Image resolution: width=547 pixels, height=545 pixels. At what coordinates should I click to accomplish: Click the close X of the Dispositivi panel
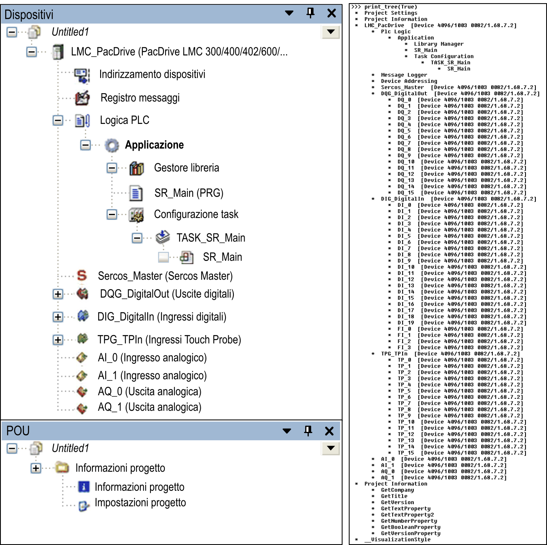click(331, 13)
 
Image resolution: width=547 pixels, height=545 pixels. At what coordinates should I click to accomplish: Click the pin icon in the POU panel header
click(308, 431)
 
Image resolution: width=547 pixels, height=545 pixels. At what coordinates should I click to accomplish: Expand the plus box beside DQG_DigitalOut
click(58, 294)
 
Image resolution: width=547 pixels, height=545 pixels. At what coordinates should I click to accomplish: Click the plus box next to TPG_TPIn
click(58, 340)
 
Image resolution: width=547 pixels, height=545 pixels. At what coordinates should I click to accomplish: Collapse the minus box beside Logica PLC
click(58, 120)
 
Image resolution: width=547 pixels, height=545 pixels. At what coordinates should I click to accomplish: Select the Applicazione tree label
click(154, 145)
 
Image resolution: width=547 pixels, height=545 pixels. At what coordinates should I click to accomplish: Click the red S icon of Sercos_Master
click(82, 276)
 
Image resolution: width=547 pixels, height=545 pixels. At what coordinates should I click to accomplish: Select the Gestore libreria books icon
click(136, 168)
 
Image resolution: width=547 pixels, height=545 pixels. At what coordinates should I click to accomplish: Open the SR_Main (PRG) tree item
click(189, 193)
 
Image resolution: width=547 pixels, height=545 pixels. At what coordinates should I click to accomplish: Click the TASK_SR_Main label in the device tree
click(211, 237)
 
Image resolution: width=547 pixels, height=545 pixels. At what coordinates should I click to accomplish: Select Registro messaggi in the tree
click(140, 98)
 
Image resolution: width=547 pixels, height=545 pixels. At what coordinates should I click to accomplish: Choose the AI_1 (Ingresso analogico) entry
click(152, 375)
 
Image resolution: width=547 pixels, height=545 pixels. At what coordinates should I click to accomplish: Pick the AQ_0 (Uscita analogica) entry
click(150, 392)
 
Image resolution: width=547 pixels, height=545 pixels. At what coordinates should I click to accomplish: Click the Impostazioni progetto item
click(140, 502)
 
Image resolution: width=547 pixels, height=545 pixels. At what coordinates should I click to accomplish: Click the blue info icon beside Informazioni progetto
click(84, 486)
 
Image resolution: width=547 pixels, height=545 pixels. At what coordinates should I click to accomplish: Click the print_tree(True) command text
click(391, 7)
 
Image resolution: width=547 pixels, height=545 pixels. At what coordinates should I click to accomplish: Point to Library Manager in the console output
click(438, 44)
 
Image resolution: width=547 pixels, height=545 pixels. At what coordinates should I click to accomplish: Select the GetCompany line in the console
click(397, 490)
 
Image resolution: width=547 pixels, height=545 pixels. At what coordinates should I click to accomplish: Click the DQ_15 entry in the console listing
click(406, 193)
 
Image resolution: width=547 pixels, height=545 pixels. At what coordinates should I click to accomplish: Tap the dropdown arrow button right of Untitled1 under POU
click(331, 448)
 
